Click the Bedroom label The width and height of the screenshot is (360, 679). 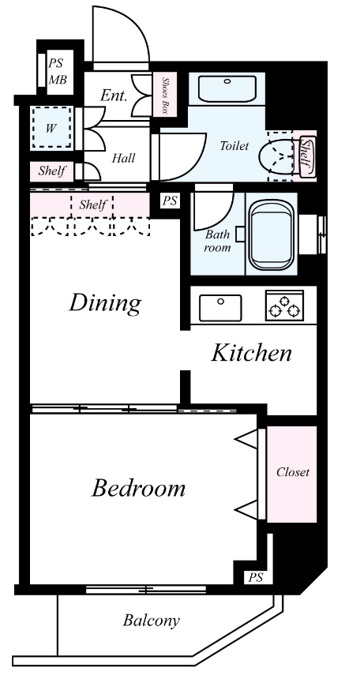pyautogui.click(x=138, y=488)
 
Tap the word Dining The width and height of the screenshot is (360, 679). pyautogui.click(x=105, y=303)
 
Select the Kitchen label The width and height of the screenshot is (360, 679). pyautogui.click(x=251, y=353)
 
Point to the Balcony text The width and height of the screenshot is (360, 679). pyautogui.click(x=151, y=621)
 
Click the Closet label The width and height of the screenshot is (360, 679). pyautogui.click(x=293, y=471)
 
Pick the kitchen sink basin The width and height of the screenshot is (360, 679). pyautogui.click(x=220, y=308)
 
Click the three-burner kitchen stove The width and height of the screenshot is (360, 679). pyautogui.click(x=284, y=305)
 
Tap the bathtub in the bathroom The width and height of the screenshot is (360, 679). pyautogui.click(x=272, y=234)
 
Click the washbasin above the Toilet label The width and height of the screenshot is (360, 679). pyautogui.click(x=227, y=88)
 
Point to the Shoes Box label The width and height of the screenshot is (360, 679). pyautogui.click(x=165, y=96)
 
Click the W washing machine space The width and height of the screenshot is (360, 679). pyautogui.click(x=51, y=129)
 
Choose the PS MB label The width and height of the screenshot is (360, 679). pyautogui.click(x=56, y=71)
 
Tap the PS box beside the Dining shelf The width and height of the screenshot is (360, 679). pyautogui.click(x=170, y=201)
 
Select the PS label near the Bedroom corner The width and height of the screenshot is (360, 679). pyautogui.click(x=255, y=577)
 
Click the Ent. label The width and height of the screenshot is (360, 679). pyautogui.click(x=114, y=96)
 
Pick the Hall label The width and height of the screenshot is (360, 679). pyautogui.click(x=123, y=158)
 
